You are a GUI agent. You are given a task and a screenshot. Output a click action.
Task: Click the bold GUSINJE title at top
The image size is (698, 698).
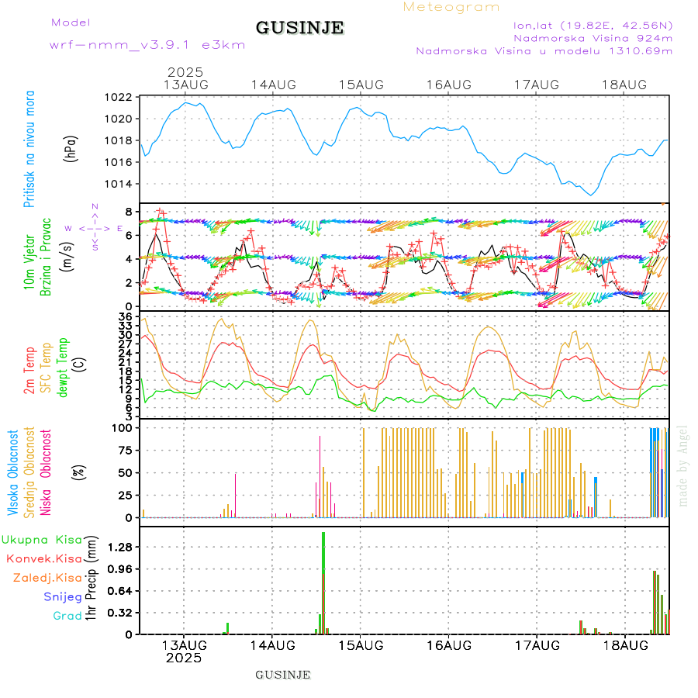pyautogui.click(x=299, y=28)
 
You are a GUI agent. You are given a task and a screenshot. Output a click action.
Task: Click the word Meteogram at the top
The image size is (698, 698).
pyautogui.click(x=451, y=7)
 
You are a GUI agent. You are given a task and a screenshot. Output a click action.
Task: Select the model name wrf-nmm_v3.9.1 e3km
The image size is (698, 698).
pyautogui.click(x=147, y=45)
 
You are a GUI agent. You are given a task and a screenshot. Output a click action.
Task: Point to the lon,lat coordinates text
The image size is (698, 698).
pyautogui.click(x=586, y=25)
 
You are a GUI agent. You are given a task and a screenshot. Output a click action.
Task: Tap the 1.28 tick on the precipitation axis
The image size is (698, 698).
pyautogui.click(x=121, y=547)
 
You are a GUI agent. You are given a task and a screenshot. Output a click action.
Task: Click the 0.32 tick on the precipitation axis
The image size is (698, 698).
pyautogui.click(x=121, y=613)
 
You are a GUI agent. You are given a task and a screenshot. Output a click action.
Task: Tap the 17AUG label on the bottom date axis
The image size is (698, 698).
pyautogui.click(x=537, y=645)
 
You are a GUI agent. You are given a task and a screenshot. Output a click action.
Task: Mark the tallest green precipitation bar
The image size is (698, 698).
pyautogui.click(x=323, y=582)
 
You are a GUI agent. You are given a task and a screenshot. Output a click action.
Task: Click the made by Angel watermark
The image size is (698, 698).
pyautogui.click(x=683, y=465)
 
